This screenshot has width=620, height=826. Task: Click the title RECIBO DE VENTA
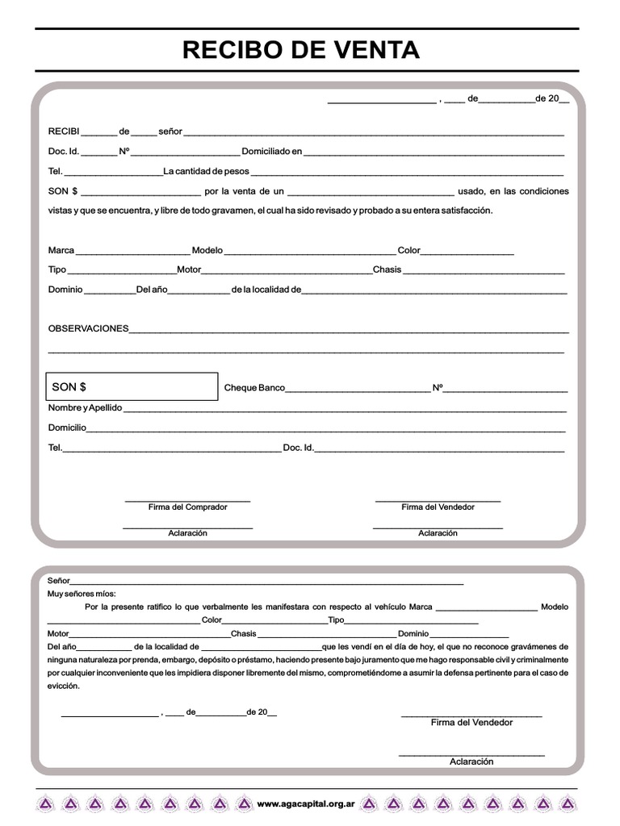click(301, 50)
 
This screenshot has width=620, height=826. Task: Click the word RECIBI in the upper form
click(64, 131)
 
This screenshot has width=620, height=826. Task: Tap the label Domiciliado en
click(272, 151)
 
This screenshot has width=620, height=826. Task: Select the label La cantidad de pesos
click(207, 171)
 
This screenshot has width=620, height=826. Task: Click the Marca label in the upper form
click(61, 250)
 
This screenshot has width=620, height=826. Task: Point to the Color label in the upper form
click(409, 250)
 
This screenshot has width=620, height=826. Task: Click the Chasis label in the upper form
click(387, 269)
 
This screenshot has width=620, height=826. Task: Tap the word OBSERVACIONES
click(88, 328)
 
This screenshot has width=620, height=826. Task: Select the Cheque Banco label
click(254, 388)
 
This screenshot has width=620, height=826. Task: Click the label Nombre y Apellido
click(85, 407)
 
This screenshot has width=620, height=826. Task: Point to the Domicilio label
click(67, 428)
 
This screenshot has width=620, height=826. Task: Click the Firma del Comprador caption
click(187, 507)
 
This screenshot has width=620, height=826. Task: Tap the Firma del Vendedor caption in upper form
click(438, 507)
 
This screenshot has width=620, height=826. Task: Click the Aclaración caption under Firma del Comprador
click(187, 533)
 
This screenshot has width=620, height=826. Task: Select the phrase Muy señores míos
click(82, 593)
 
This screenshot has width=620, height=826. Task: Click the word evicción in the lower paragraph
click(64, 686)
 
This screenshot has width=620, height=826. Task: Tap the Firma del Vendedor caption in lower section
click(471, 722)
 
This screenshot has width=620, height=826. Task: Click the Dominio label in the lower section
click(413, 633)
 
